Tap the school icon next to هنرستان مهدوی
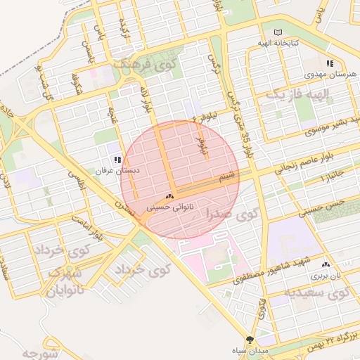(x=330, y=63)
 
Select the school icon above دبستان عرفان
(x=117, y=160)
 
